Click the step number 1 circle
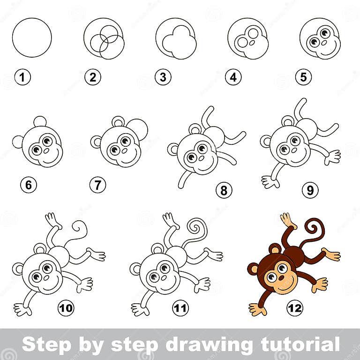click(x=22, y=77)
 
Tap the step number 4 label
click(x=233, y=77)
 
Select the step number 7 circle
click(x=97, y=185)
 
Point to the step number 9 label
click(x=310, y=190)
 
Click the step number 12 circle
click(x=295, y=308)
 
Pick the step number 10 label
click(x=66, y=308)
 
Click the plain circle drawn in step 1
click(x=32, y=37)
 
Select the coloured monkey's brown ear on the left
click(x=253, y=269)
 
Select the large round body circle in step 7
click(x=137, y=129)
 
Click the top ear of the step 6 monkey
click(x=40, y=122)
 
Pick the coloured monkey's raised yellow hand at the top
click(x=286, y=219)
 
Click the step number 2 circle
click(x=93, y=77)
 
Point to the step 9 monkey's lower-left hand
click(x=270, y=182)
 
